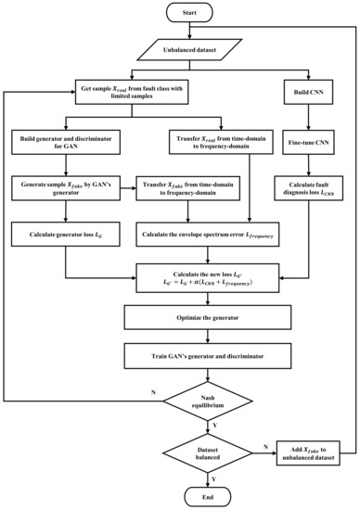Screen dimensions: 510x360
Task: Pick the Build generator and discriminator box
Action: click(x=66, y=144)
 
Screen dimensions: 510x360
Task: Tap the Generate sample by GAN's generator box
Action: click(x=66, y=185)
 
